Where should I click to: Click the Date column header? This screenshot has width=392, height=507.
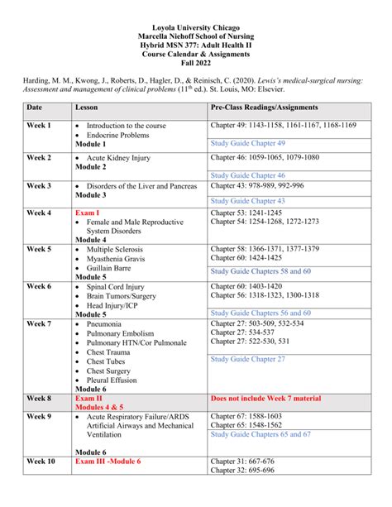click(34, 108)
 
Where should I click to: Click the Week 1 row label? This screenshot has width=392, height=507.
click(38, 126)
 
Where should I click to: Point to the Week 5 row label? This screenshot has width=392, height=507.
click(38, 249)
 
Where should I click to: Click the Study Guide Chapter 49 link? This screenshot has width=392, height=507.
click(247, 143)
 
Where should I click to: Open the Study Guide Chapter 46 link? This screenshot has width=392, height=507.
click(247, 175)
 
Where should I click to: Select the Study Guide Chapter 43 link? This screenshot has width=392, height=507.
click(247, 201)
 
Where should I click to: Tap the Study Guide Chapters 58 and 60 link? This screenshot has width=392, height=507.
click(261, 271)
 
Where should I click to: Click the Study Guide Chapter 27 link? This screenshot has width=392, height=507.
click(247, 359)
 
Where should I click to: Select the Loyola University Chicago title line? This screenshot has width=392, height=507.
click(196, 7)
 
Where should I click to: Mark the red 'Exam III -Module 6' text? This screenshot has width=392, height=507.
click(108, 462)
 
